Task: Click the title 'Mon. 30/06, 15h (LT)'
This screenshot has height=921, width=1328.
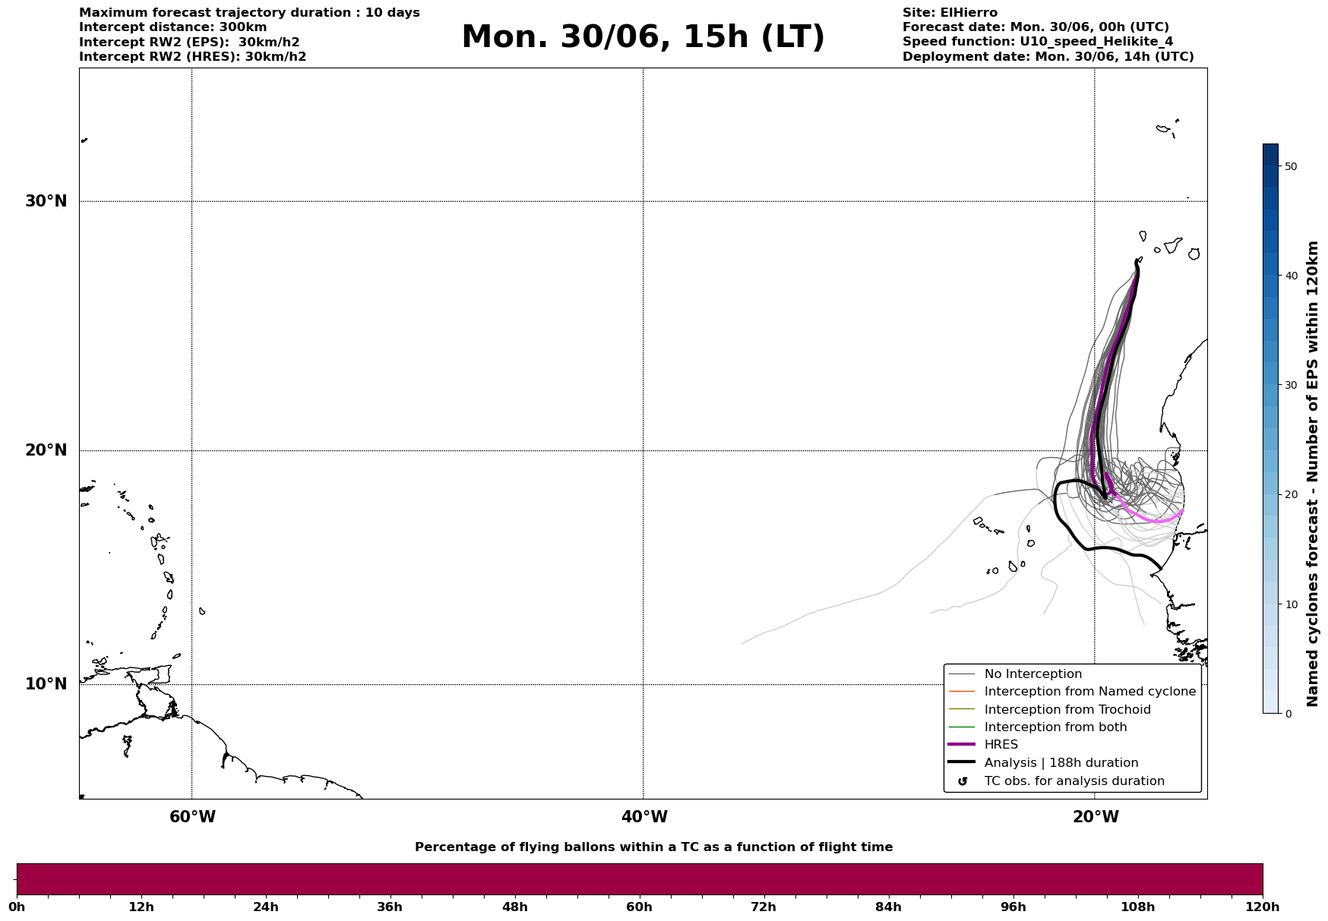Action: coord(643,37)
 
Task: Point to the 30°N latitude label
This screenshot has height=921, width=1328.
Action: coord(46,201)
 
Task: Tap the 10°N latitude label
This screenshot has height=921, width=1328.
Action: coord(46,684)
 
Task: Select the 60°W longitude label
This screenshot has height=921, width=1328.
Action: coord(192,817)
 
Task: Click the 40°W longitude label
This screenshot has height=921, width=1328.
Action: coord(644,817)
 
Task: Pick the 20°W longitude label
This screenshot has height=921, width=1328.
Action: coord(1096,817)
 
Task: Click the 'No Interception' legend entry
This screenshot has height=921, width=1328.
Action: coord(1032,674)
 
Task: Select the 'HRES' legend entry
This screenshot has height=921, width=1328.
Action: coord(1001,745)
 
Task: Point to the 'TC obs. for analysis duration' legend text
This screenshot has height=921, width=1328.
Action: coord(1074,781)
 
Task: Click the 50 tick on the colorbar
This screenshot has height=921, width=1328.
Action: coord(1290,166)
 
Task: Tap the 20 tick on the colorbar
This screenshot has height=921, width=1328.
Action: coord(1290,495)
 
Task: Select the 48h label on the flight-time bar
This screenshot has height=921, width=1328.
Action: coord(514,907)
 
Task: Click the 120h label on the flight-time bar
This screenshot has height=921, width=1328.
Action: coord(1263,907)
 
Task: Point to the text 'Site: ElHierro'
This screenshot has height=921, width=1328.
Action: coord(950,13)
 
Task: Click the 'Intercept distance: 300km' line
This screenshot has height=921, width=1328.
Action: coord(173,27)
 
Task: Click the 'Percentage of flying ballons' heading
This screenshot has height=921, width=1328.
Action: coord(653,847)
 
